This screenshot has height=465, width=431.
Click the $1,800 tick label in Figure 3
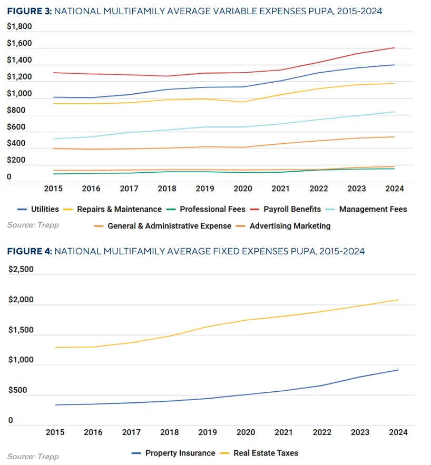pyautogui.click(x=19, y=27)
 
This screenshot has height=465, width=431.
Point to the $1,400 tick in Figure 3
pyautogui.click(x=19, y=61)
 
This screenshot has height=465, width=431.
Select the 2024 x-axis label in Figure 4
pyautogui.click(x=398, y=432)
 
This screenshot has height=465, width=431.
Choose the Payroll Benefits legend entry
pyautogui.click(x=291, y=209)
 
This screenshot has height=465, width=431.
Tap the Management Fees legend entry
pyautogui.click(x=373, y=209)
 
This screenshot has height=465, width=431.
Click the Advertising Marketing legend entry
pyautogui.click(x=290, y=226)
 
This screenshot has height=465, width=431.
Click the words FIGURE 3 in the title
pyautogui.click(x=27, y=11)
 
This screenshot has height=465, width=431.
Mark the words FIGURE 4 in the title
pyautogui.click(x=27, y=251)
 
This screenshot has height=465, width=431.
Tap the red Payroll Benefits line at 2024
pyautogui.click(x=394, y=48)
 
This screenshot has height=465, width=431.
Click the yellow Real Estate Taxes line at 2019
pyautogui.click(x=207, y=327)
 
